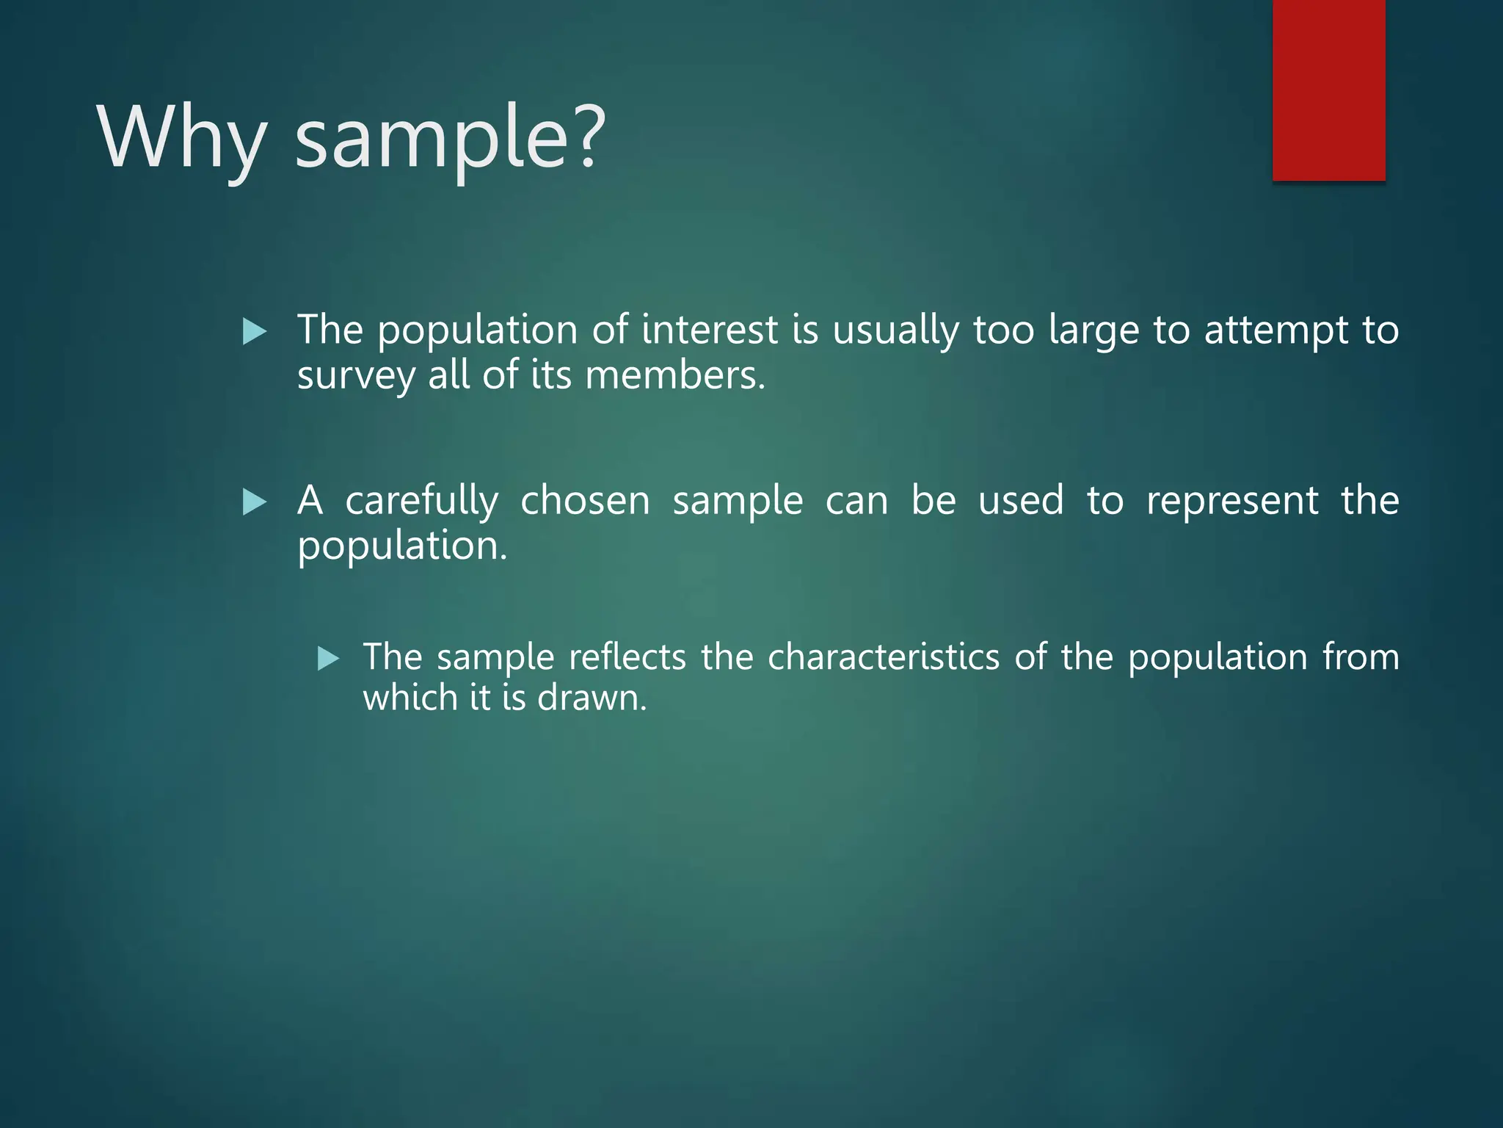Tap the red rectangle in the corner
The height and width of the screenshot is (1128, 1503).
pos(1328,90)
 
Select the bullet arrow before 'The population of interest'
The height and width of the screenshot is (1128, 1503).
pos(254,332)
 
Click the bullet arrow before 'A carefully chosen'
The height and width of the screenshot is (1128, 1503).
pos(254,503)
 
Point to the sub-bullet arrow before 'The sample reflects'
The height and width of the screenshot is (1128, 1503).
pos(328,658)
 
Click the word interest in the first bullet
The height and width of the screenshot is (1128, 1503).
pos(709,330)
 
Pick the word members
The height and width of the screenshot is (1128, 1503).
pos(675,375)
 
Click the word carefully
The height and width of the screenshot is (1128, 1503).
pos(421,502)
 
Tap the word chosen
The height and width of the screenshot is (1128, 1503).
pos(585,501)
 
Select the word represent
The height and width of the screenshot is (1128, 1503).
pos(1232,502)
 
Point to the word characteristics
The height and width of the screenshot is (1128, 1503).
pos(884,657)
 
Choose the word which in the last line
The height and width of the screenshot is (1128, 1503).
pos(410,697)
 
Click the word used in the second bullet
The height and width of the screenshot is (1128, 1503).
pos(1021,501)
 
